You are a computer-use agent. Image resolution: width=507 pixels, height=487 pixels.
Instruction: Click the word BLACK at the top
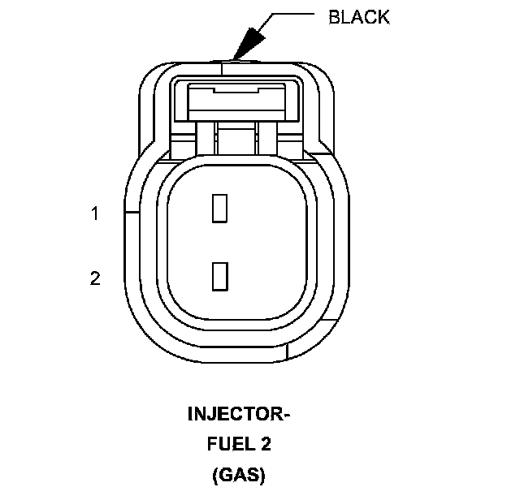pos(358,17)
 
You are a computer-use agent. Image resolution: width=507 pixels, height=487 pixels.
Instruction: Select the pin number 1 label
pos(95,213)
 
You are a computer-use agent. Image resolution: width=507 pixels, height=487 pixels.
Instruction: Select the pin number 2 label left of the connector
pos(95,278)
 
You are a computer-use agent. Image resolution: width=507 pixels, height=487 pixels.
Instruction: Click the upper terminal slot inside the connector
pos(219,208)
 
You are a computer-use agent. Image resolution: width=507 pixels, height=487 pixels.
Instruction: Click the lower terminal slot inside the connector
pos(219,275)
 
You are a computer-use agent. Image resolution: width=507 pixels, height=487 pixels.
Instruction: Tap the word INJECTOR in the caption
pos(234,415)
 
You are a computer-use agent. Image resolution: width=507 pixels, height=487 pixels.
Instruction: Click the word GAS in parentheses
pos(239,475)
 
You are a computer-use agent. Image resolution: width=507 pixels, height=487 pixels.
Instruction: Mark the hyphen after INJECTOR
pos(287,416)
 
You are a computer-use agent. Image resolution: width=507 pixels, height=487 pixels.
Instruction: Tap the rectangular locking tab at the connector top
pos(235,102)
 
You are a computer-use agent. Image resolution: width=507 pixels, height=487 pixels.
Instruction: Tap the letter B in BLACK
pos(333,17)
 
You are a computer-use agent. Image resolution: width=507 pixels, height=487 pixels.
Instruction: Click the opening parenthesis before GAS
pos(214,475)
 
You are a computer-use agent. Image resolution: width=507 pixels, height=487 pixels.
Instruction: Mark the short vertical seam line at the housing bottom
pos(290,351)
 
